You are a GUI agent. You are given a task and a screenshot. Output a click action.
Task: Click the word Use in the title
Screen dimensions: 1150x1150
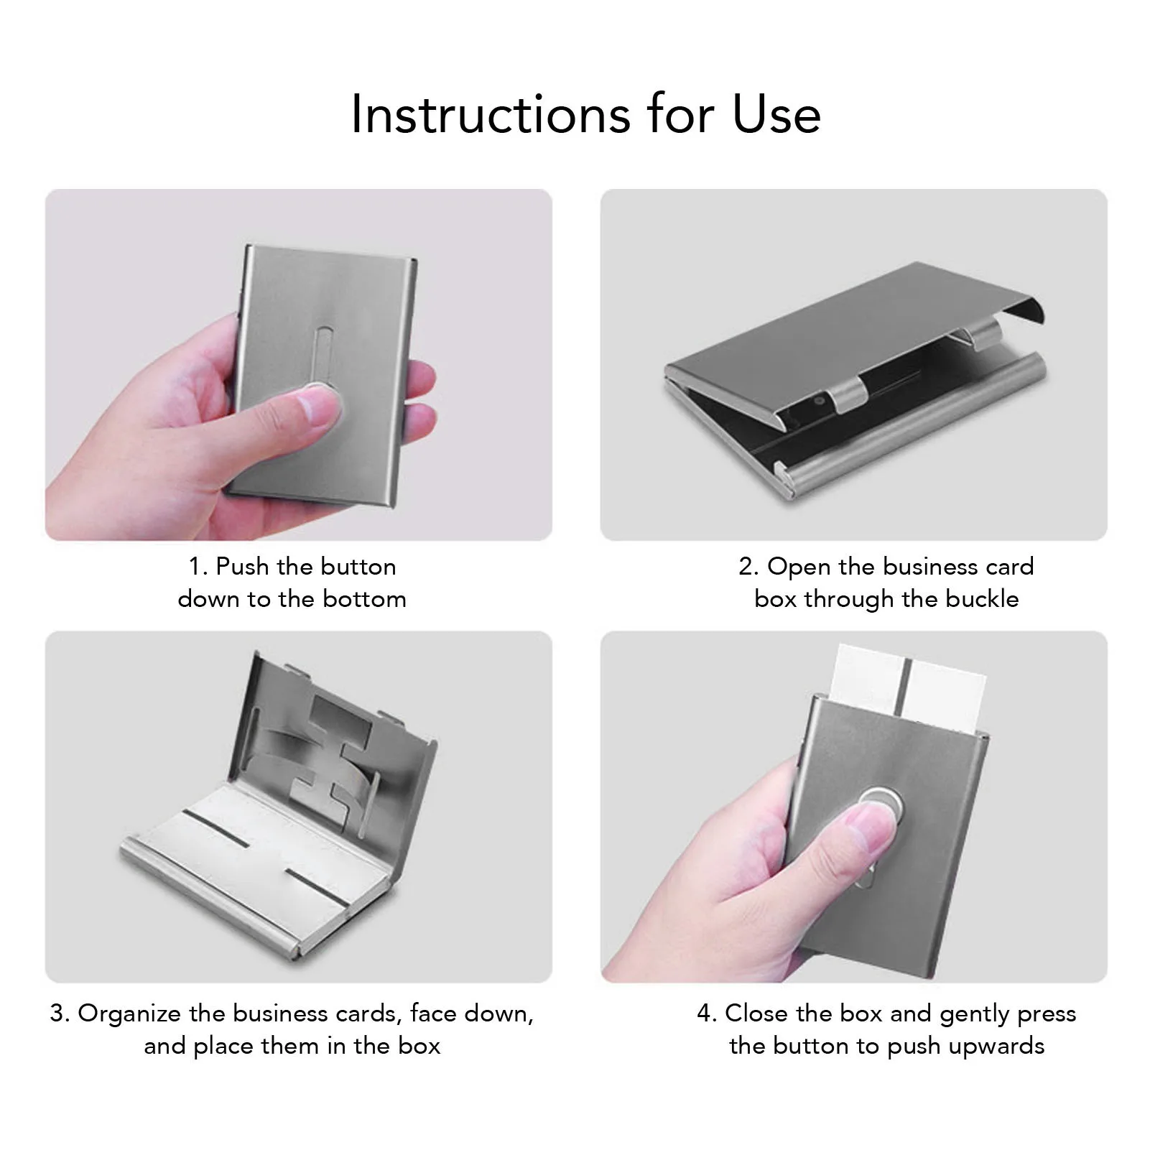(x=776, y=115)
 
